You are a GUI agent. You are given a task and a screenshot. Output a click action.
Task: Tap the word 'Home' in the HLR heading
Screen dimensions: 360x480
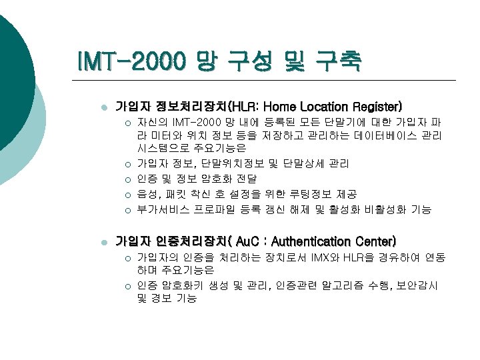290,107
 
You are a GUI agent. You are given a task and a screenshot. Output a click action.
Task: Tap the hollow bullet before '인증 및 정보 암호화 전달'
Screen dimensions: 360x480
126,179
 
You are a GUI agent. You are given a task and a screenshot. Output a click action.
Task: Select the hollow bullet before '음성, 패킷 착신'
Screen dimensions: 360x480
126,194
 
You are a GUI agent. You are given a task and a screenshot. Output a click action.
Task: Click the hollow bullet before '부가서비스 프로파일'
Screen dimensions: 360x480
126,209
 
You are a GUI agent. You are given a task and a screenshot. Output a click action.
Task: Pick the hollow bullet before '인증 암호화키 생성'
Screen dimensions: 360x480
126,286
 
